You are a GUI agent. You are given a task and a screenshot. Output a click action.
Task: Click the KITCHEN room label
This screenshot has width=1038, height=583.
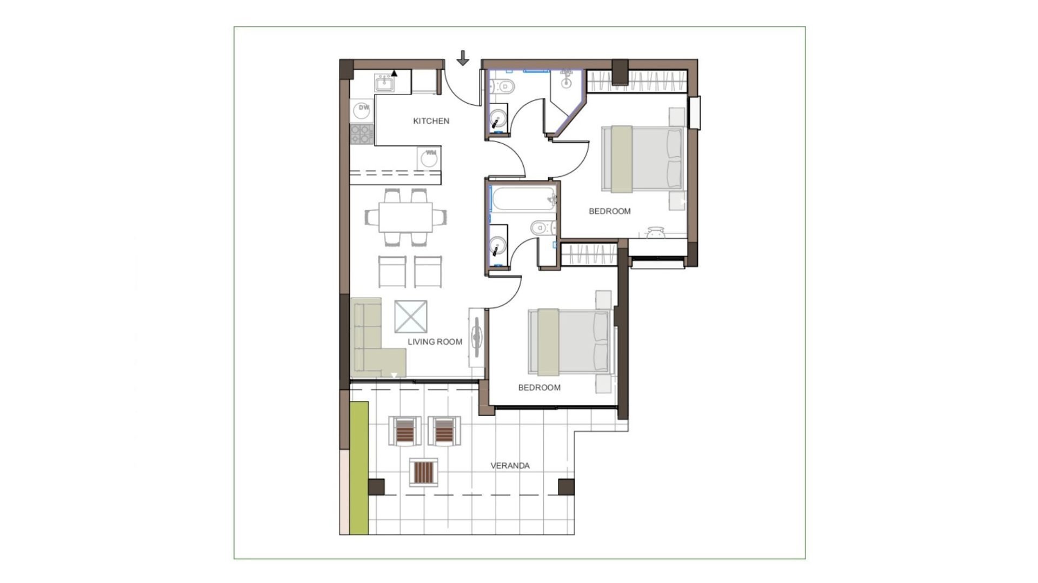click(x=431, y=121)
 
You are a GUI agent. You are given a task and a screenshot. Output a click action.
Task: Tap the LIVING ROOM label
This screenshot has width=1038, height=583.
click(x=435, y=341)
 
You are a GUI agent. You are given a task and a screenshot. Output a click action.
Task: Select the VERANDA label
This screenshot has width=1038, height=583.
click(x=510, y=465)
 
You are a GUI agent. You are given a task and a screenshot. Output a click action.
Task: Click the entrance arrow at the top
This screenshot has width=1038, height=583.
click(x=463, y=58)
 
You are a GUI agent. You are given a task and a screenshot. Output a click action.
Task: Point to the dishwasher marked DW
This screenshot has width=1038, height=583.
click(x=362, y=110)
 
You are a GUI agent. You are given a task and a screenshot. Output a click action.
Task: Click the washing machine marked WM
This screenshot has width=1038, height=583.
click(x=430, y=157)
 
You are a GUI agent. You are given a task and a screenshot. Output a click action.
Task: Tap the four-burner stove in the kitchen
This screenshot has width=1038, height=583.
click(x=362, y=133)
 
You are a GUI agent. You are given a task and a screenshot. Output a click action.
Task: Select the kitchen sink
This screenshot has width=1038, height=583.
click(x=385, y=83)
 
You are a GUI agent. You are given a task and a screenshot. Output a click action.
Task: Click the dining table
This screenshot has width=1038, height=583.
click(x=405, y=217)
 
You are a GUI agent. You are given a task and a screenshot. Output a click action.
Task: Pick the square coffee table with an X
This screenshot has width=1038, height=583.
click(x=411, y=317)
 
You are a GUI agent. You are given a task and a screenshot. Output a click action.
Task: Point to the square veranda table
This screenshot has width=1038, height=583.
click(x=423, y=472)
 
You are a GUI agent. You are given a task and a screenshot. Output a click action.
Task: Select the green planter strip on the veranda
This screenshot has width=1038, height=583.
click(x=359, y=468)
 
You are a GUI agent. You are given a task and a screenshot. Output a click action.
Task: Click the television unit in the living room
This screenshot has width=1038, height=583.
click(x=476, y=337)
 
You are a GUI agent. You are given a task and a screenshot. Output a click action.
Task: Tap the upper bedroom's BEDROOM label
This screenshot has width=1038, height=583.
click(x=609, y=211)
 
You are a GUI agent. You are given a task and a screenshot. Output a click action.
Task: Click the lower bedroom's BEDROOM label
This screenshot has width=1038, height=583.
click(x=539, y=387)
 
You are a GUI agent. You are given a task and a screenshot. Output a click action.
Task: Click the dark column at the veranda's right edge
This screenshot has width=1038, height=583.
click(x=566, y=487)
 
